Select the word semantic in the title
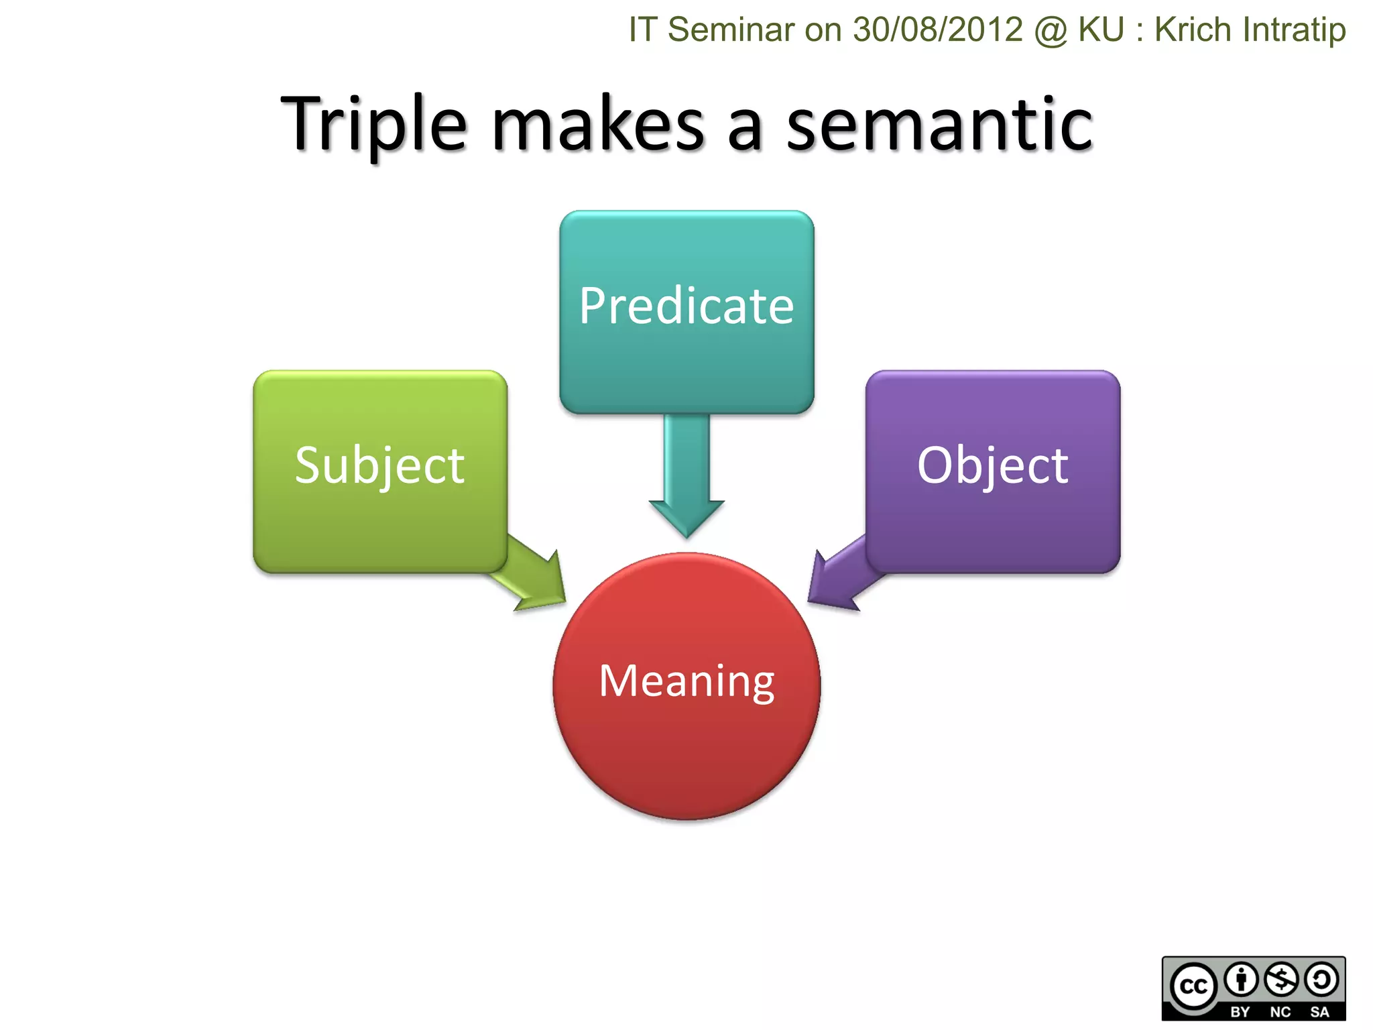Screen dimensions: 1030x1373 tap(939, 125)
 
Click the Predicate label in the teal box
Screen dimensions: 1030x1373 tap(686, 306)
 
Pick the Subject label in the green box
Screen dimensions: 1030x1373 tap(379, 465)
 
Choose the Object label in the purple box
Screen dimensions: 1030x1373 tap(992, 465)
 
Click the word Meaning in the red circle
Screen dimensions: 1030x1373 tap(686, 681)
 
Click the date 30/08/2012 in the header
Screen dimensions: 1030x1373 tap(938, 30)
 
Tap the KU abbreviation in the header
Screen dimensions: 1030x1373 tap(1101, 30)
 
